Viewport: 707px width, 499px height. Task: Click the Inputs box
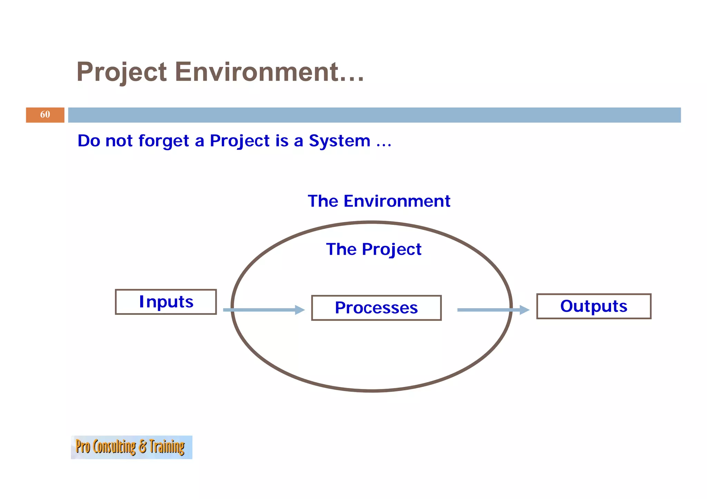tap(166, 302)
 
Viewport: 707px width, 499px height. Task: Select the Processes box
tap(376, 308)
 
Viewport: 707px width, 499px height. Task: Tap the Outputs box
tap(593, 306)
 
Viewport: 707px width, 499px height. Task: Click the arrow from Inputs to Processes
tap(262, 310)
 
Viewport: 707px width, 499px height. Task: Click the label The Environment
tap(379, 201)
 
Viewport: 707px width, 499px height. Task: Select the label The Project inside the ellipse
tap(374, 249)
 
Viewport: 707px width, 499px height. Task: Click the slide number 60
tap(45, 114)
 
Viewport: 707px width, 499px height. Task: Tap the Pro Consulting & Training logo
tap(131, 447)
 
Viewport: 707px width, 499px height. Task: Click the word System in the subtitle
tap(339, 141)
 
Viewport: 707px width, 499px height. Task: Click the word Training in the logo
tap(167, 447)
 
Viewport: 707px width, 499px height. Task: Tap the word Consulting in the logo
tap(114, 447)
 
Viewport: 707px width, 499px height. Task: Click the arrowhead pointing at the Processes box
tap(299, 310)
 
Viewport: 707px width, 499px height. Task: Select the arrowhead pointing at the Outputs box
tap(524, 310)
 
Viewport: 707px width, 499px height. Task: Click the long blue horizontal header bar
tap(374, 115)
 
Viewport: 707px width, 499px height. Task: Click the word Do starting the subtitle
tap(88, 141)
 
